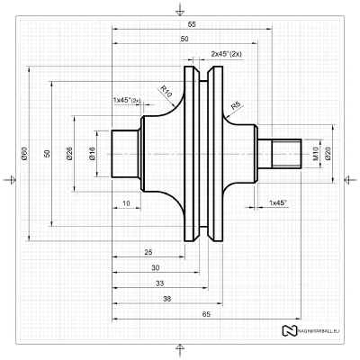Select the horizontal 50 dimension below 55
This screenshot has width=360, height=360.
point(184,40)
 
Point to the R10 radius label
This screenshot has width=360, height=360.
point(166,89)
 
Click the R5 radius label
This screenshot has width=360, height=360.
point(236,106)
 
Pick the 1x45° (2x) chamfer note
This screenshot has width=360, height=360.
point(127,99)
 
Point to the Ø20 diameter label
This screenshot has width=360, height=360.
point(328,155)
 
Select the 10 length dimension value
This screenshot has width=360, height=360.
point(126,204)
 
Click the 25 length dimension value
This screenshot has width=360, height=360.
point(148,253)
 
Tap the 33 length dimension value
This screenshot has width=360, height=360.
point(159,283)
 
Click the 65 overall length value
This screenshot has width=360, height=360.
point(207,313)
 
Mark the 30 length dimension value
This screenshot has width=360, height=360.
point(155,268)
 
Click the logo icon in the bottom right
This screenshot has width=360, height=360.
point(290,331)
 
